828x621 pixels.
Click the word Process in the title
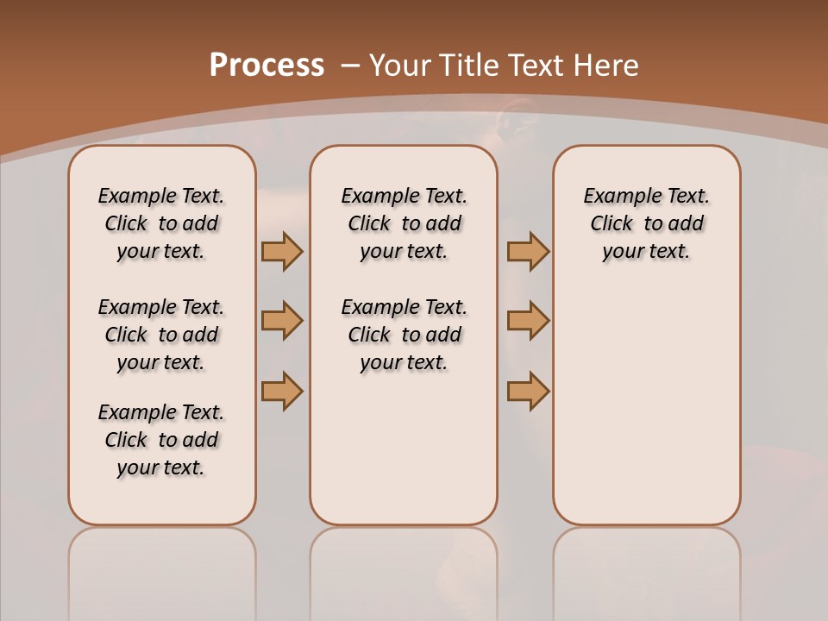267,66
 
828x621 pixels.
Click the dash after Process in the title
350,66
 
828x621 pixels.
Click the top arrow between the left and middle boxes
282,252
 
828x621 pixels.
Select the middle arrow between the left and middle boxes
282,322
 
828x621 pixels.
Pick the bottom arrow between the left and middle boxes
282,391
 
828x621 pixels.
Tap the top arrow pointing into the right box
528,252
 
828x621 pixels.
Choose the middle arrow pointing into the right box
528,322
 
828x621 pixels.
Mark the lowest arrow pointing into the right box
528,391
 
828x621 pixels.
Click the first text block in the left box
161,223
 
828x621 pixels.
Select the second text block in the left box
161,335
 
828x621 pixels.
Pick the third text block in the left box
161,440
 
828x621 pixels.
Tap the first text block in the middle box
404,223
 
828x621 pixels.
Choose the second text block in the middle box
404,335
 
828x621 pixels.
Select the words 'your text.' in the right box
646,252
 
